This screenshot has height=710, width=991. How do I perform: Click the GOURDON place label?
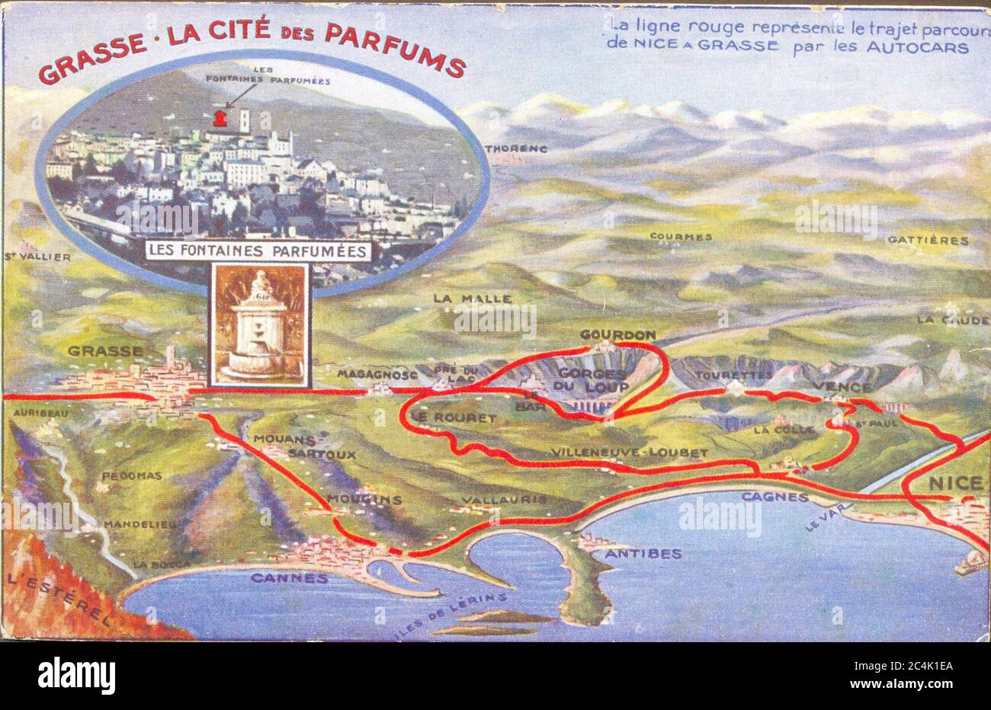pyautogui.click(x=617, y=334)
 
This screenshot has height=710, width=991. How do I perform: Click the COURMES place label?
pyautogui.click(x=681, y=236)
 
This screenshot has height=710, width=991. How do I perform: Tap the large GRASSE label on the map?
pyautogui.click(x=105, y=351)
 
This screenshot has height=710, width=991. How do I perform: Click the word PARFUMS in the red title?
pyautogui.click(x=395, y=48)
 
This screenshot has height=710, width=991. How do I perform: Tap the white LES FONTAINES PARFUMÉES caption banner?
pyautogui.click(x=258, y=251)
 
